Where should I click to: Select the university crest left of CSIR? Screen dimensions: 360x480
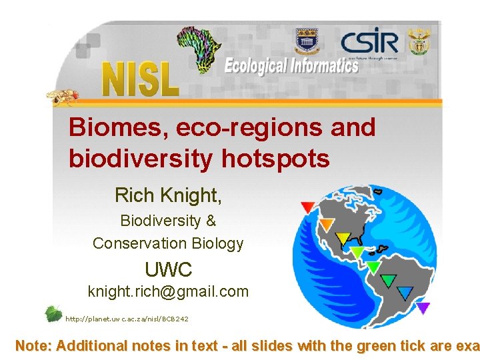click(x=307, y=41)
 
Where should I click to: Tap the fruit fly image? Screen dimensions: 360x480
click(x=61, y=97)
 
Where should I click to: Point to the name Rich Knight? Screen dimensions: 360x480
click(x=168, y=195)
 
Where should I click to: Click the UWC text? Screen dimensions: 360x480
click(x=169, y=269)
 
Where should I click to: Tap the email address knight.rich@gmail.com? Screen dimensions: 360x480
click(x=168, y=291)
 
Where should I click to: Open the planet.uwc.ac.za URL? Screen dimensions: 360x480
click(x=127, y=319)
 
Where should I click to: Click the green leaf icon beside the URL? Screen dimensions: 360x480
click(x=53, y=313)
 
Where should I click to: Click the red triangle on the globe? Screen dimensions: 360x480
click(x=307, y=207)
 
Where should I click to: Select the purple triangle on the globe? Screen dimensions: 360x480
click(x=423, y=307)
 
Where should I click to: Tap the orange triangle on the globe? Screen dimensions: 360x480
click(x=326, y=225)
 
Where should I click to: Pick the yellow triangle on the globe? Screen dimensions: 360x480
click(x=343, y=237)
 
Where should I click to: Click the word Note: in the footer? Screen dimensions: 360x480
click(x=34, y=346)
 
